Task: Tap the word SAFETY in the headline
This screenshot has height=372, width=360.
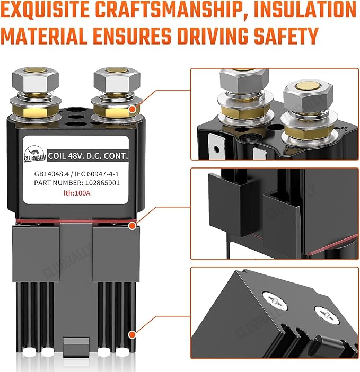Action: tap(286, 36)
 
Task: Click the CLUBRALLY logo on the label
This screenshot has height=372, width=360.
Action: tap(35, 154)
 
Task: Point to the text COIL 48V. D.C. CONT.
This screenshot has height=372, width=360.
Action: tap(88, 156)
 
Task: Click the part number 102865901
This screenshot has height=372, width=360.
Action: tap(102, 183)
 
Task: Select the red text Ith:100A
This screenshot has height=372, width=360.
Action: tap(77, 193)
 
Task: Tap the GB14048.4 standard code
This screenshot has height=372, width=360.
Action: tap(51, 174)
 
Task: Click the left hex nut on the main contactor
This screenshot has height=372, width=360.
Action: tap(36, 81)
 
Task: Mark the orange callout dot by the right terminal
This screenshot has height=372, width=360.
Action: tap(133, 109)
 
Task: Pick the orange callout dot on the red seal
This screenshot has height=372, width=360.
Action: tap(132, 226)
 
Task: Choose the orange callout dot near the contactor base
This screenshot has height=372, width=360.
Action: tap(132, 335)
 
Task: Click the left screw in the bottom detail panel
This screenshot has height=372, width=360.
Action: tap(275, 301)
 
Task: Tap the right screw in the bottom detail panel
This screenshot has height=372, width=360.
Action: tap(327, 315)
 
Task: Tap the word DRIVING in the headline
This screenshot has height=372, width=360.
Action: tap(211, 36)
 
